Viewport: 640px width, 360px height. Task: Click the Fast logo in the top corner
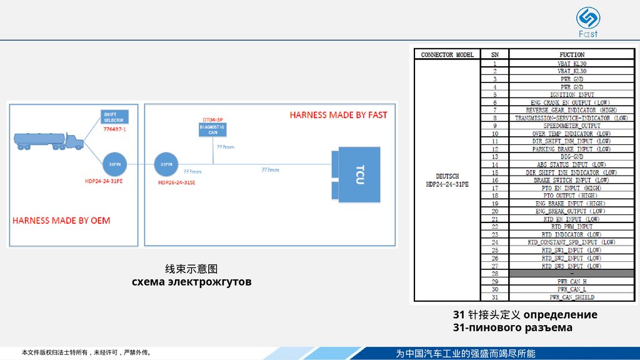pos(587,21)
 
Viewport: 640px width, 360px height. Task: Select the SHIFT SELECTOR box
pos(114,117)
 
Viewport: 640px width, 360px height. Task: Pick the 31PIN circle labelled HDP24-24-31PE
pos(114,164)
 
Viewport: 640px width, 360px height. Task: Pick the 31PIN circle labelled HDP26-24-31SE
pos(167,164)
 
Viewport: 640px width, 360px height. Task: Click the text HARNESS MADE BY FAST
pos(338,115)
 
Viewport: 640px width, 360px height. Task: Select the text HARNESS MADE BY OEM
pos(61,220)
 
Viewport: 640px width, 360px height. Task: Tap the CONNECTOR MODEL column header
pos(447,55)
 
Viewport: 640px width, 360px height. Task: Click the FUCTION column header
pos(572,55)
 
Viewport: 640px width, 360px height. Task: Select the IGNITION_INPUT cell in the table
pos(572,94)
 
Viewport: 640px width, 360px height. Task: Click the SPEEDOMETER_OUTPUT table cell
pos(572,126)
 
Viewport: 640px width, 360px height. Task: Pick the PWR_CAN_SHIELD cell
pos(572,297)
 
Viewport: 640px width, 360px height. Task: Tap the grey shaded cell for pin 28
pos(572,274)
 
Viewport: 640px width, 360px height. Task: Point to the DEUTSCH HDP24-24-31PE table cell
pos(447,180)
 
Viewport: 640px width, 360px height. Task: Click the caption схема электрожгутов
pos(191,282)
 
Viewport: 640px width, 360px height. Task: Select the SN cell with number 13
pos(495,157)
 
